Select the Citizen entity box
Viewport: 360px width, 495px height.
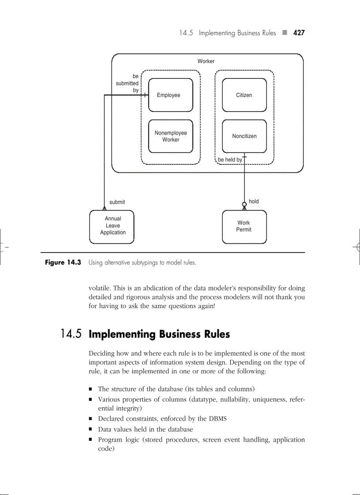click(x=244, y=95)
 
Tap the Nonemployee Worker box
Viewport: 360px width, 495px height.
click(x=170, y=136)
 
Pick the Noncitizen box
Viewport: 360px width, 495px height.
click(x=244, y=136)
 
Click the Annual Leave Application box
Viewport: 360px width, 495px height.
click(x=112, y=226)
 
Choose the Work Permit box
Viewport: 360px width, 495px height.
click(x=244, y=227)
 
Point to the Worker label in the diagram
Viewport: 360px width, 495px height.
click(x=206, y=61)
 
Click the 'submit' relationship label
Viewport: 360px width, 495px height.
click(x=117, y=202)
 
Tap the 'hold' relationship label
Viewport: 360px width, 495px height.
click(x=254, y=201)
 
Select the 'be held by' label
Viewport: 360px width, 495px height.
click(x=230, y=160)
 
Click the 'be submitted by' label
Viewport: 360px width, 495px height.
click(x=128, y=83)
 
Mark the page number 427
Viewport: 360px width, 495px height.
click(x=299, y=33)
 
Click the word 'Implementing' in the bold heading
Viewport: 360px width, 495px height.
click(x=119, y=334)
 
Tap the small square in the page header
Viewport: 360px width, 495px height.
click(x=285, y=33)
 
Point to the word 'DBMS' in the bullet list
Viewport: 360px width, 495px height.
click(x=217, y=419)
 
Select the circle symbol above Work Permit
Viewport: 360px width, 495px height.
click(x=244, y=204)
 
